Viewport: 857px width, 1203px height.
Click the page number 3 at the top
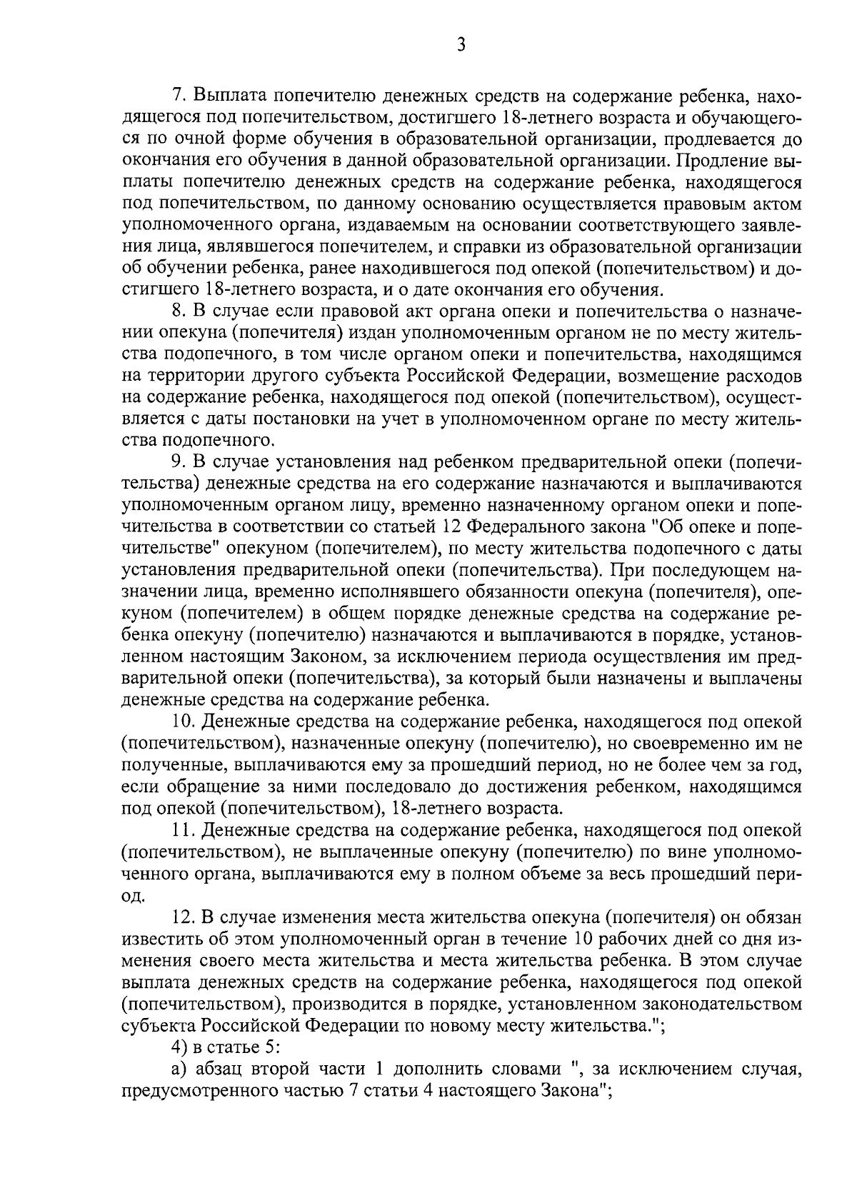tap(461, 45)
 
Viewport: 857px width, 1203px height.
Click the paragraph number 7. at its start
tap(181, 95)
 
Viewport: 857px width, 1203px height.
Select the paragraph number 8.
tap(181, 311)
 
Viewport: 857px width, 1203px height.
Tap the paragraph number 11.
tap(185, 830)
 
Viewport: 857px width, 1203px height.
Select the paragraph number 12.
tap(185, 917)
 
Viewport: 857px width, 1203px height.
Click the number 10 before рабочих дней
tap(585, 939)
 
